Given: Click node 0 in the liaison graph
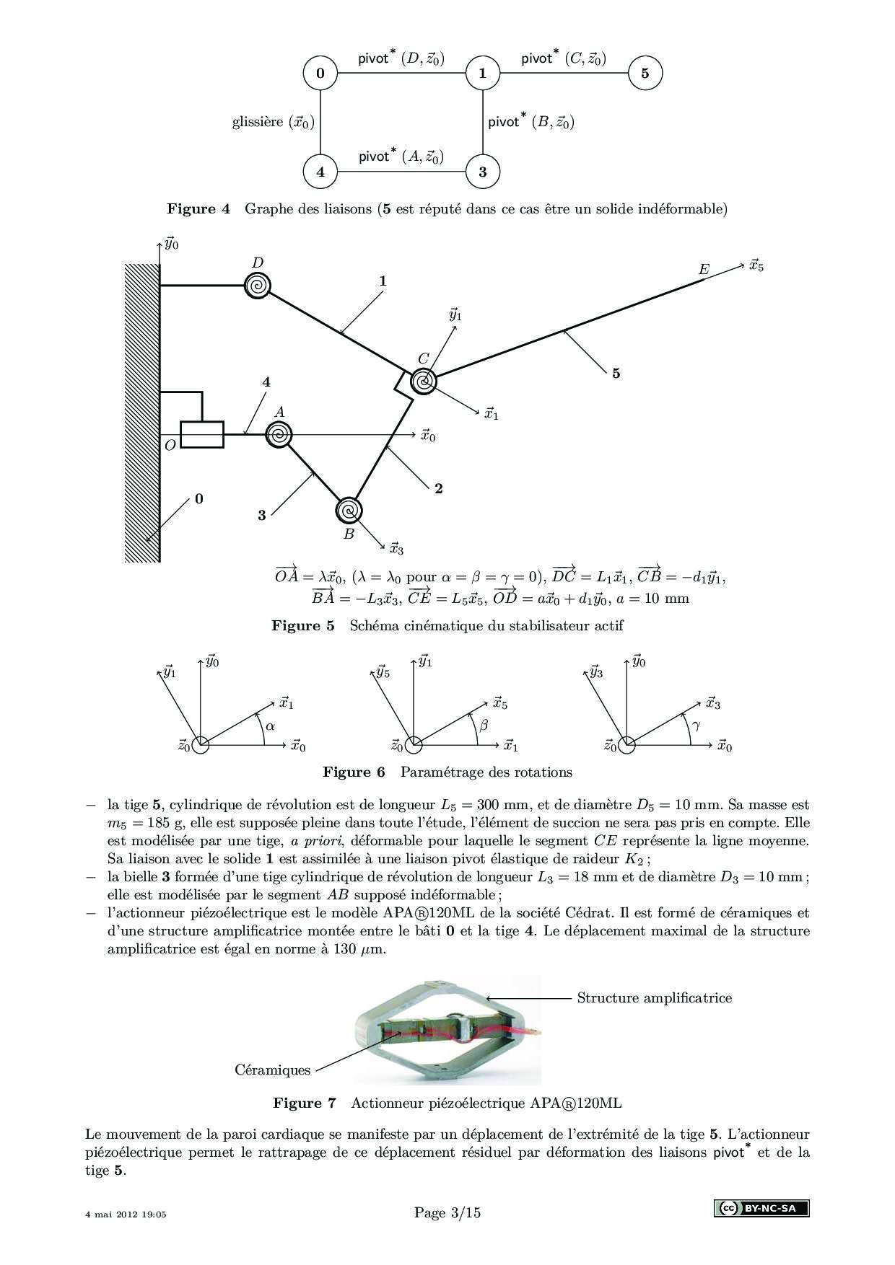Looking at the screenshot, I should click(x=320, y=73).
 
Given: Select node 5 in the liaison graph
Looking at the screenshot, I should click(x=645, y=73).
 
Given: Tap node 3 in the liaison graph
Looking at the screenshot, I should click(x=482, y=172).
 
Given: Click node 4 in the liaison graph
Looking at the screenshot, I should click(x=320, y=172).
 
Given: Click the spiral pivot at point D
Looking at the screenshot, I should click(x=257, y=286).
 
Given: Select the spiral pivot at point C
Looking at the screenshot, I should click(x=423, y=381).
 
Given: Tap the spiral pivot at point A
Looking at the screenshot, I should click(x=279, y=435).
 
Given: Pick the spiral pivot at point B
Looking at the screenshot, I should click(x=349, y=510).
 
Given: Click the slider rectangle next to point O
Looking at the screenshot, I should click(x=202, y=435).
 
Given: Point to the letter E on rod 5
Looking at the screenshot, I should click(x=704, y=270).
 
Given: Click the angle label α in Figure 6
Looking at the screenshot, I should click(x=270, y=726).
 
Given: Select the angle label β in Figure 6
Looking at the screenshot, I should click(x=484, y=726).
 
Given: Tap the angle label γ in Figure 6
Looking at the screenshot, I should click(x=696, y=726).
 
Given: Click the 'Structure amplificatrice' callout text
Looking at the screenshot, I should click(x=654, y=997).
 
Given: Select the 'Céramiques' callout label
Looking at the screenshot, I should click(x=272, y=1070).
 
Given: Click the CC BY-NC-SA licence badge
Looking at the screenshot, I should click(x=761, y=1208).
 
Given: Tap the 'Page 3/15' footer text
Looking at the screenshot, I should click(x=447, y=1212).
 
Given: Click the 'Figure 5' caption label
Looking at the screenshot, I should click(x=303, y=625).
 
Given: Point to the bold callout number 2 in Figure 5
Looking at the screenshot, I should click(x=439, y=488).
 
